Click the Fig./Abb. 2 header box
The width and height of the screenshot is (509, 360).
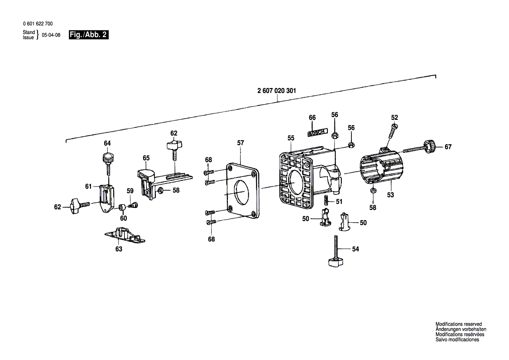88,35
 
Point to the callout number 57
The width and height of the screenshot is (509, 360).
240,143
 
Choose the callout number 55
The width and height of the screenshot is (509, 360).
290,138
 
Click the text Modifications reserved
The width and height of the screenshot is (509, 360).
458,324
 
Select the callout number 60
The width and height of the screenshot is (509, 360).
124,218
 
